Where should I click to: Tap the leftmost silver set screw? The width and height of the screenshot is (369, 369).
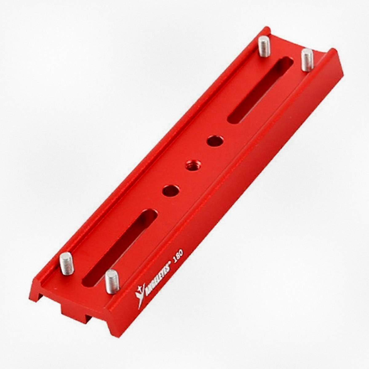click(66, 264)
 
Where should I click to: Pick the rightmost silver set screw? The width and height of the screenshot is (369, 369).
click(307, 60)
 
